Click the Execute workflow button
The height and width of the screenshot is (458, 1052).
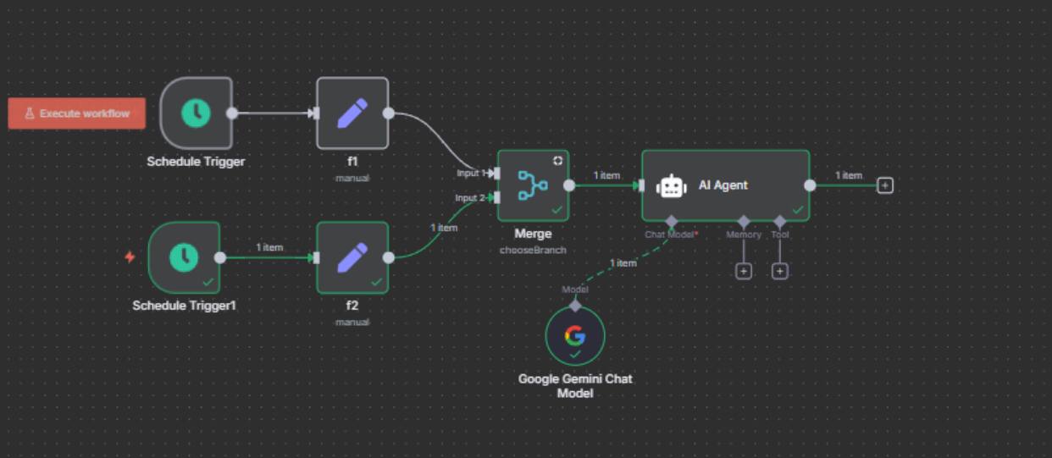[76, 113]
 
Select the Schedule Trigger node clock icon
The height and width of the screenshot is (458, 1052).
[196, 113]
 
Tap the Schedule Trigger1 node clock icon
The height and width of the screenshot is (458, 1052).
[184, 257]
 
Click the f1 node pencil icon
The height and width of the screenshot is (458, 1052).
[352, 113]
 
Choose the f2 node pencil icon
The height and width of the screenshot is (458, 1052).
[352, 257]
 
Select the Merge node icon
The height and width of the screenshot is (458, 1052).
[533, 185]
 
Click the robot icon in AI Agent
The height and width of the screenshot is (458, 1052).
[672, 185]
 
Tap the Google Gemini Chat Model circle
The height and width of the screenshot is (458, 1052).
[575, 336]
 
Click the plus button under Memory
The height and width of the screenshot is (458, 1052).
[743, 271]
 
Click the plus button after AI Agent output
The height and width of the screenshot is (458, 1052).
[885, 185]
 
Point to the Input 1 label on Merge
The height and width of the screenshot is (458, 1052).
[471, 173]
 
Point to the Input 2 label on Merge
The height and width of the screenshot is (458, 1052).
[471, 198]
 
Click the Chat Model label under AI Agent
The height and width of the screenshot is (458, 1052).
[669, 235]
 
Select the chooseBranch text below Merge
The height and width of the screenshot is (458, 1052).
[533, 251]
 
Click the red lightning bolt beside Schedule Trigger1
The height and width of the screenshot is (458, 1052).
[130, 257]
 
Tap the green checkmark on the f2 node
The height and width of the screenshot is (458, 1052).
[376, 282]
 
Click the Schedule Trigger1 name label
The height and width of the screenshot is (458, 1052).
[184, 305]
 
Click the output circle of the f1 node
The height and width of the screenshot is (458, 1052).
[389, 113]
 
